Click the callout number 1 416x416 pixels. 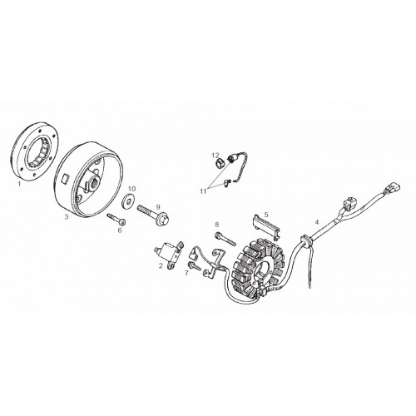pyautogui.click(x=19, y=184)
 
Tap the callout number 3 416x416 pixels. pyautogui.click(x=67, y=217)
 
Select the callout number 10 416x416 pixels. pyautogui.click(x=132, y=189)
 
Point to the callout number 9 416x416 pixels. pyautogui.click(x=158, y=207)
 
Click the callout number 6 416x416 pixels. pyautogui.click(x=120, y=230)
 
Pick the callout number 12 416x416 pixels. pyautogui.click(x=215, y=155)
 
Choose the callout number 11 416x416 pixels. pyautogui.click(x=203, y=191)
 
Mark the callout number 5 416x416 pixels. pyautogui.click(x=266, y=215)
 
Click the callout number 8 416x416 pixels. pyautogui.click(x=217, y=224)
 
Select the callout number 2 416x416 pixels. pyautogui.click(x=161, y=265)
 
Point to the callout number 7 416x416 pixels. pyautogui.click(x=186, y=273)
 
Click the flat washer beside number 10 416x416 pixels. pyautogui.click(x=127, y=202)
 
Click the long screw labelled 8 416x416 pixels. pyautogui.click(x=225, y=239)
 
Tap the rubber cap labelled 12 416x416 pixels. pyautogui.click(x=220, y=163)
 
